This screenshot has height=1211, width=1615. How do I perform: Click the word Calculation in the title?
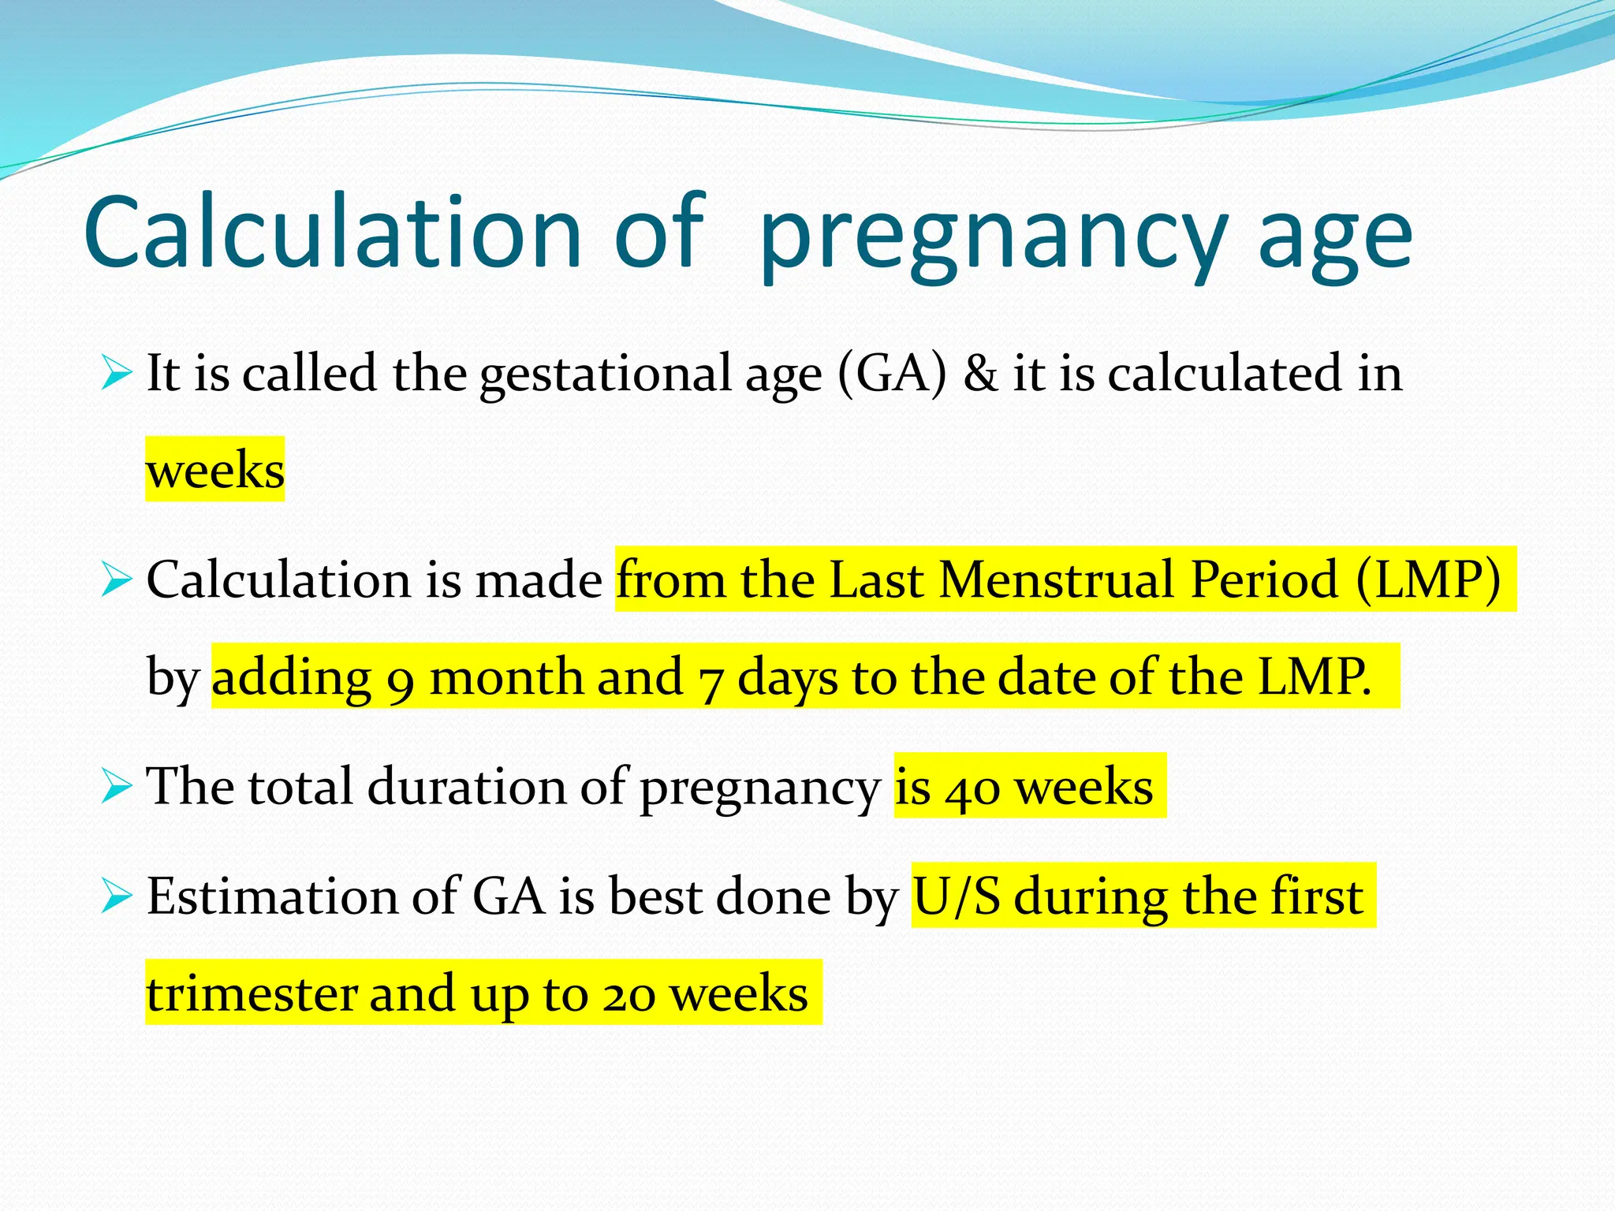332,233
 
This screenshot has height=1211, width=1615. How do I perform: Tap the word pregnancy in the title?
994,237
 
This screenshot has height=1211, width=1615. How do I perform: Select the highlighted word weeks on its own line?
214,470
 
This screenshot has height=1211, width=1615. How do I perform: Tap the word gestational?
606,374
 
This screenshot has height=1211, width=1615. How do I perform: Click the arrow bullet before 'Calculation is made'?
116,580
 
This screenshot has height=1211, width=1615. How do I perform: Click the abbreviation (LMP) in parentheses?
1428,580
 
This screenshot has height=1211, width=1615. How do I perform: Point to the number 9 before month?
401,680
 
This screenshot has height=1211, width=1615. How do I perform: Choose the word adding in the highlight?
291,678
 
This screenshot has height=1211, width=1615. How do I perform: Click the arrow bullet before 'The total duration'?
116,786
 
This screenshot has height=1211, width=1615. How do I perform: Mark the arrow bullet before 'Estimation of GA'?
116,896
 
